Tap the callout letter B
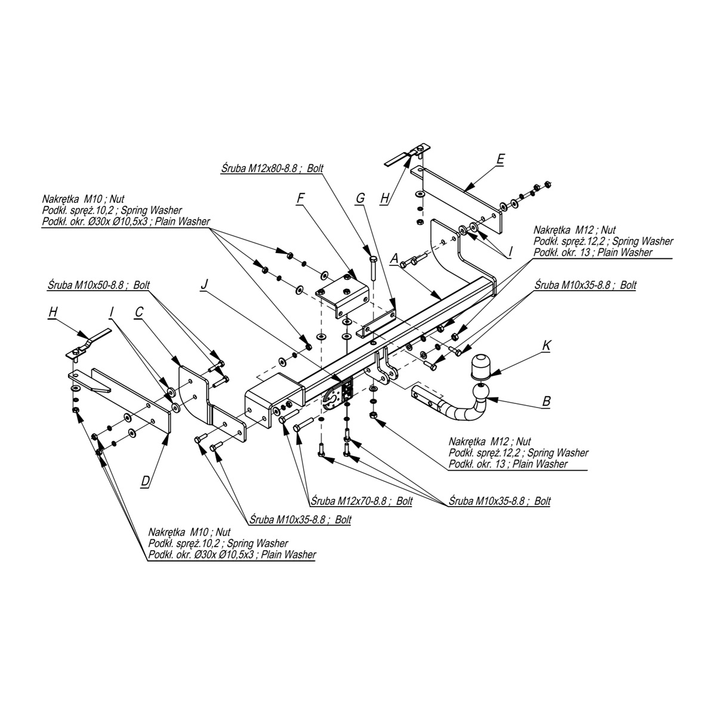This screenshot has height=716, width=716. point(546,402)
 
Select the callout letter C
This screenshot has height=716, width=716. point(138,311)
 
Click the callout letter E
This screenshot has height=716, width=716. point(500,159)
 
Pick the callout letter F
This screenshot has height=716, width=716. point(301,198)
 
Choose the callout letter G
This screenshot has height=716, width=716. point(360,198)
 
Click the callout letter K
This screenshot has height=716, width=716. point(546,345)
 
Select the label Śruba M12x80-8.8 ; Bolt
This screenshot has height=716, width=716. point(271,169)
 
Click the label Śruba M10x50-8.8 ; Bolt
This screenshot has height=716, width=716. point(99,285)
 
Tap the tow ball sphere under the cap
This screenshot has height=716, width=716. point(481,392)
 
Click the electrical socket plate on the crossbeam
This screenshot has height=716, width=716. point(338,396)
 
